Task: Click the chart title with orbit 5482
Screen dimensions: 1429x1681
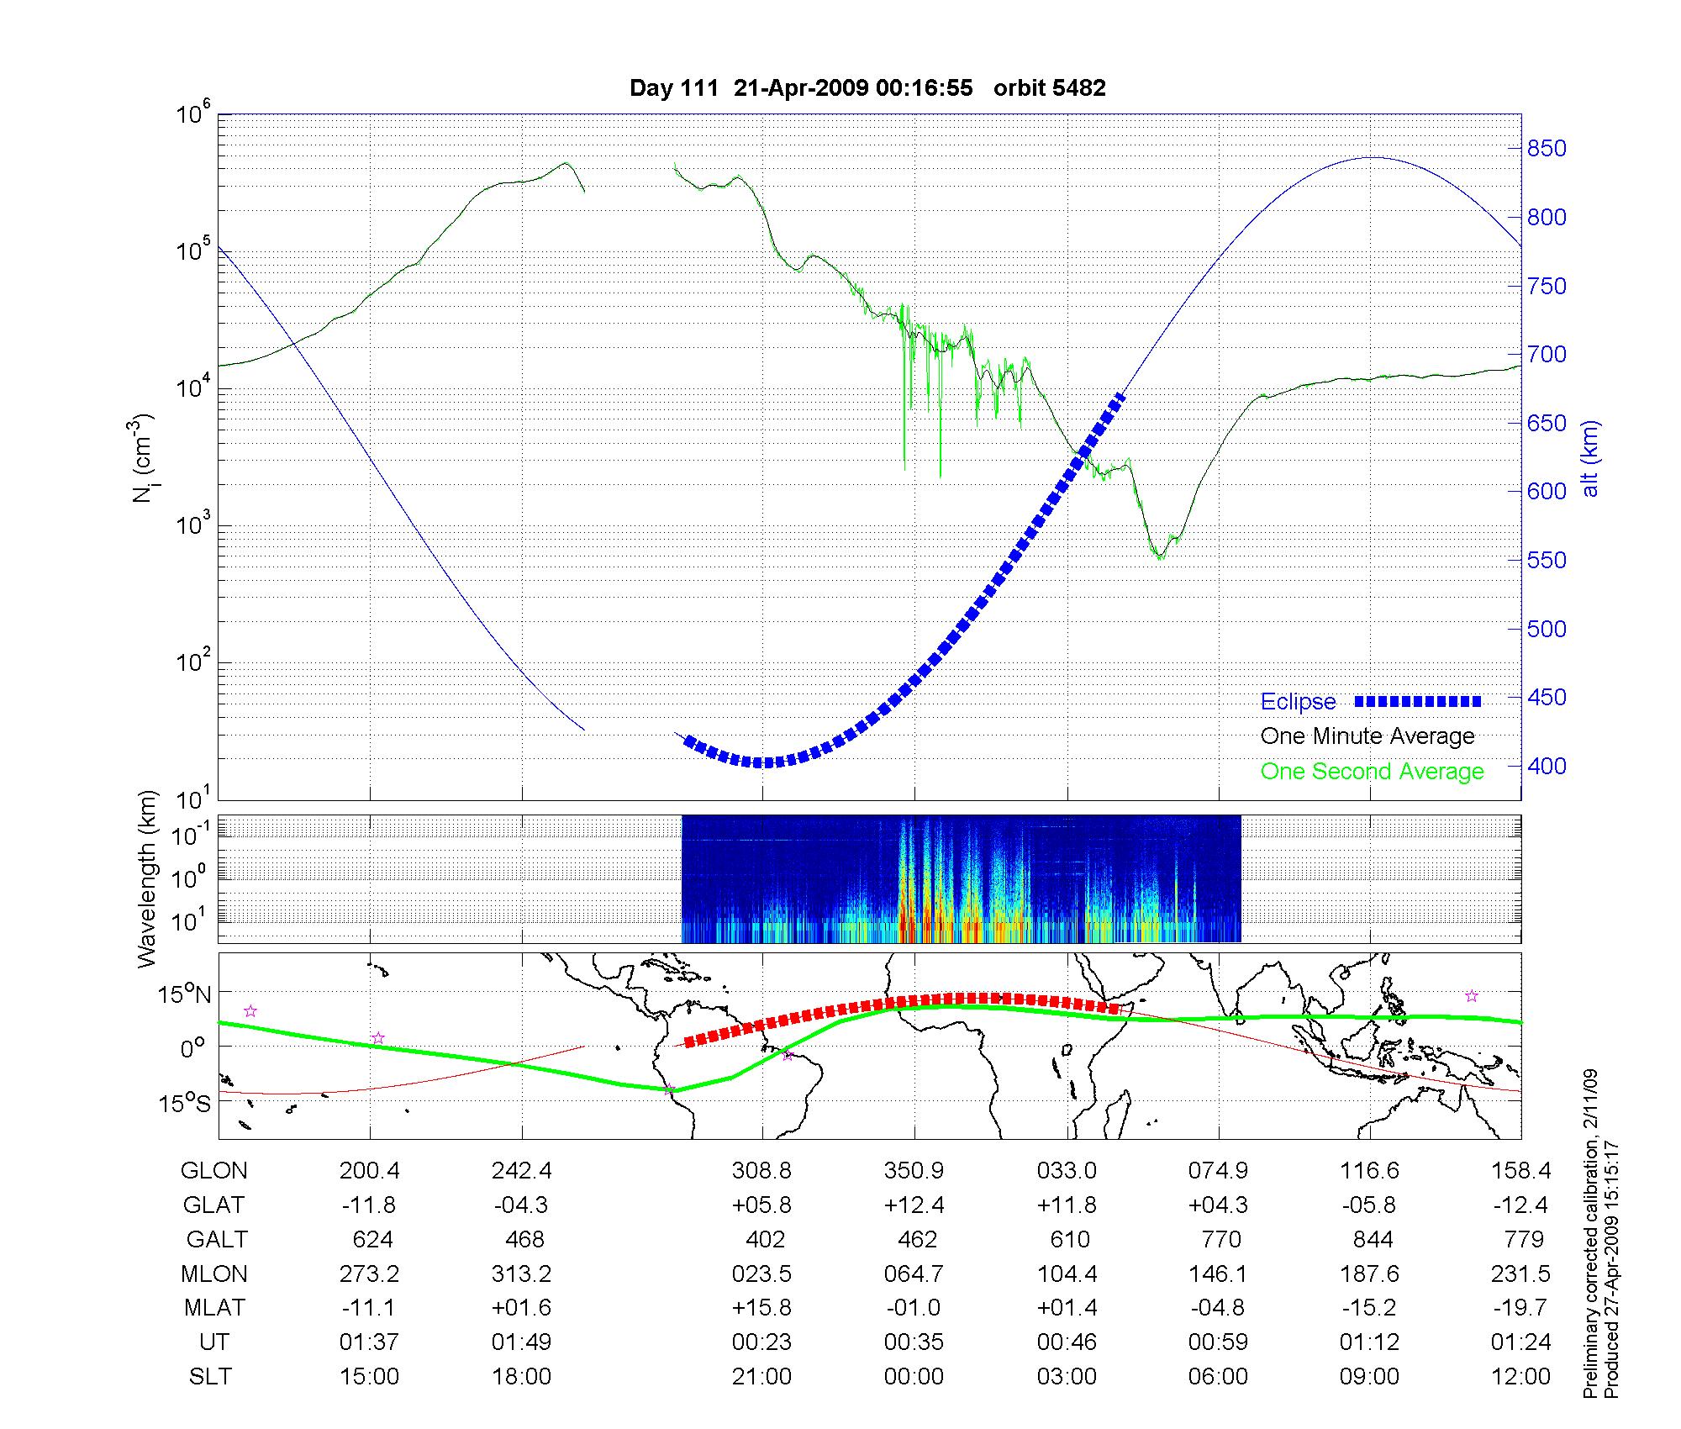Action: (867, 88)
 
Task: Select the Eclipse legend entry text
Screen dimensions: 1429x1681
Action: (1298, 702)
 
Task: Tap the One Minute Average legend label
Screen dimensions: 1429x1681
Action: (1367, 736)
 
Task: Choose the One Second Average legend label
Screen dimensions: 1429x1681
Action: (1372, 772)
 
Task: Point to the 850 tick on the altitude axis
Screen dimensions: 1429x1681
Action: (1547, 149)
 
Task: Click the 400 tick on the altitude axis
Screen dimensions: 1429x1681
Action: (1547, 766)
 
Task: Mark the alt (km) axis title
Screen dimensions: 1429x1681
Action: (1590, 458)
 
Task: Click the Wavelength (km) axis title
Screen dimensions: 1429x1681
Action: (147, 878)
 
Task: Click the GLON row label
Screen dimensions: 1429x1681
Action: (214, 1171)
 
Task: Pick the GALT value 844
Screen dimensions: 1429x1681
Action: (1372, 1240)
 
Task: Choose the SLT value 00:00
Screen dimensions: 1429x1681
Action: (914, 1377)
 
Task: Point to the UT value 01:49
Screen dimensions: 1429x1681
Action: (521, 1342)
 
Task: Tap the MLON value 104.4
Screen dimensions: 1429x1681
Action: (1067, 1274)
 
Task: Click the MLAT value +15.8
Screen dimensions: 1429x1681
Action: (761, 1308)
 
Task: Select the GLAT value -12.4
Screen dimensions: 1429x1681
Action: (1520, 1205)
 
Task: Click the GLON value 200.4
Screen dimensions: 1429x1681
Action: (370, 1171)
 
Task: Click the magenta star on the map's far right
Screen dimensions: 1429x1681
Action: (1472, 996)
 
